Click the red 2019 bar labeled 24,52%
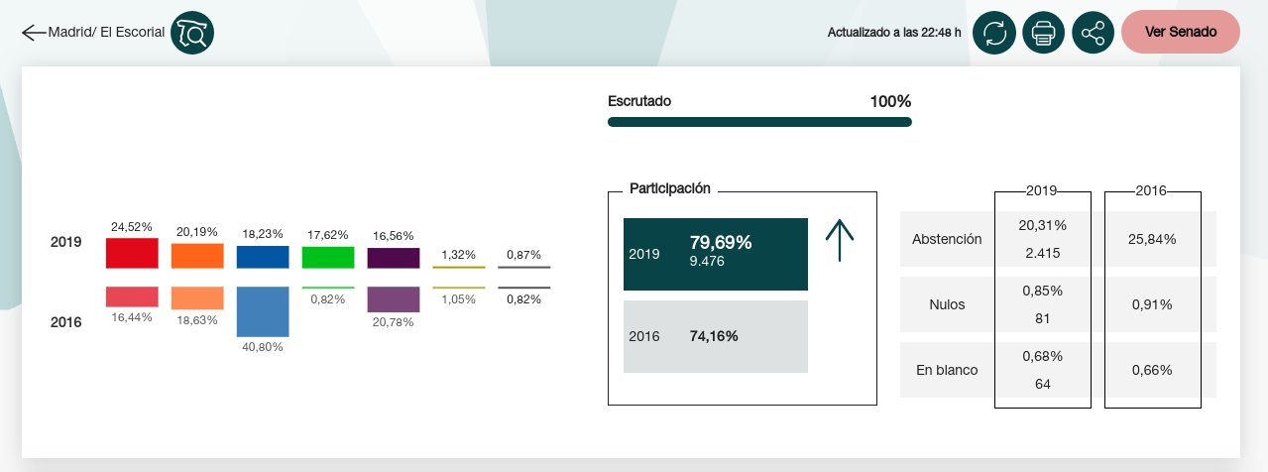(x=132, y=253)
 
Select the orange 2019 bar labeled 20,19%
(x=197, y=256)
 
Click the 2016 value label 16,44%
(x=132, y=317)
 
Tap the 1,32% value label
(x=458, y=255)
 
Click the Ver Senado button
(x=1181, y=32)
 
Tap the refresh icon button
(x=994, y=33)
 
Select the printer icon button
(x=1043, y=33)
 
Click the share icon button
(x=1094, y=33)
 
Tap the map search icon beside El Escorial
(x=192, y=33)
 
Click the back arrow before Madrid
(x=34, y=33)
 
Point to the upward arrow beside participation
(x=840, y=241)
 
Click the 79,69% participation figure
(x=721, y=242)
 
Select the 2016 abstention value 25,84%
(x=1152, y=239)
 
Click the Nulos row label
(x=947, y=304)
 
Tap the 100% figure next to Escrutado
(x=890, y=101)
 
